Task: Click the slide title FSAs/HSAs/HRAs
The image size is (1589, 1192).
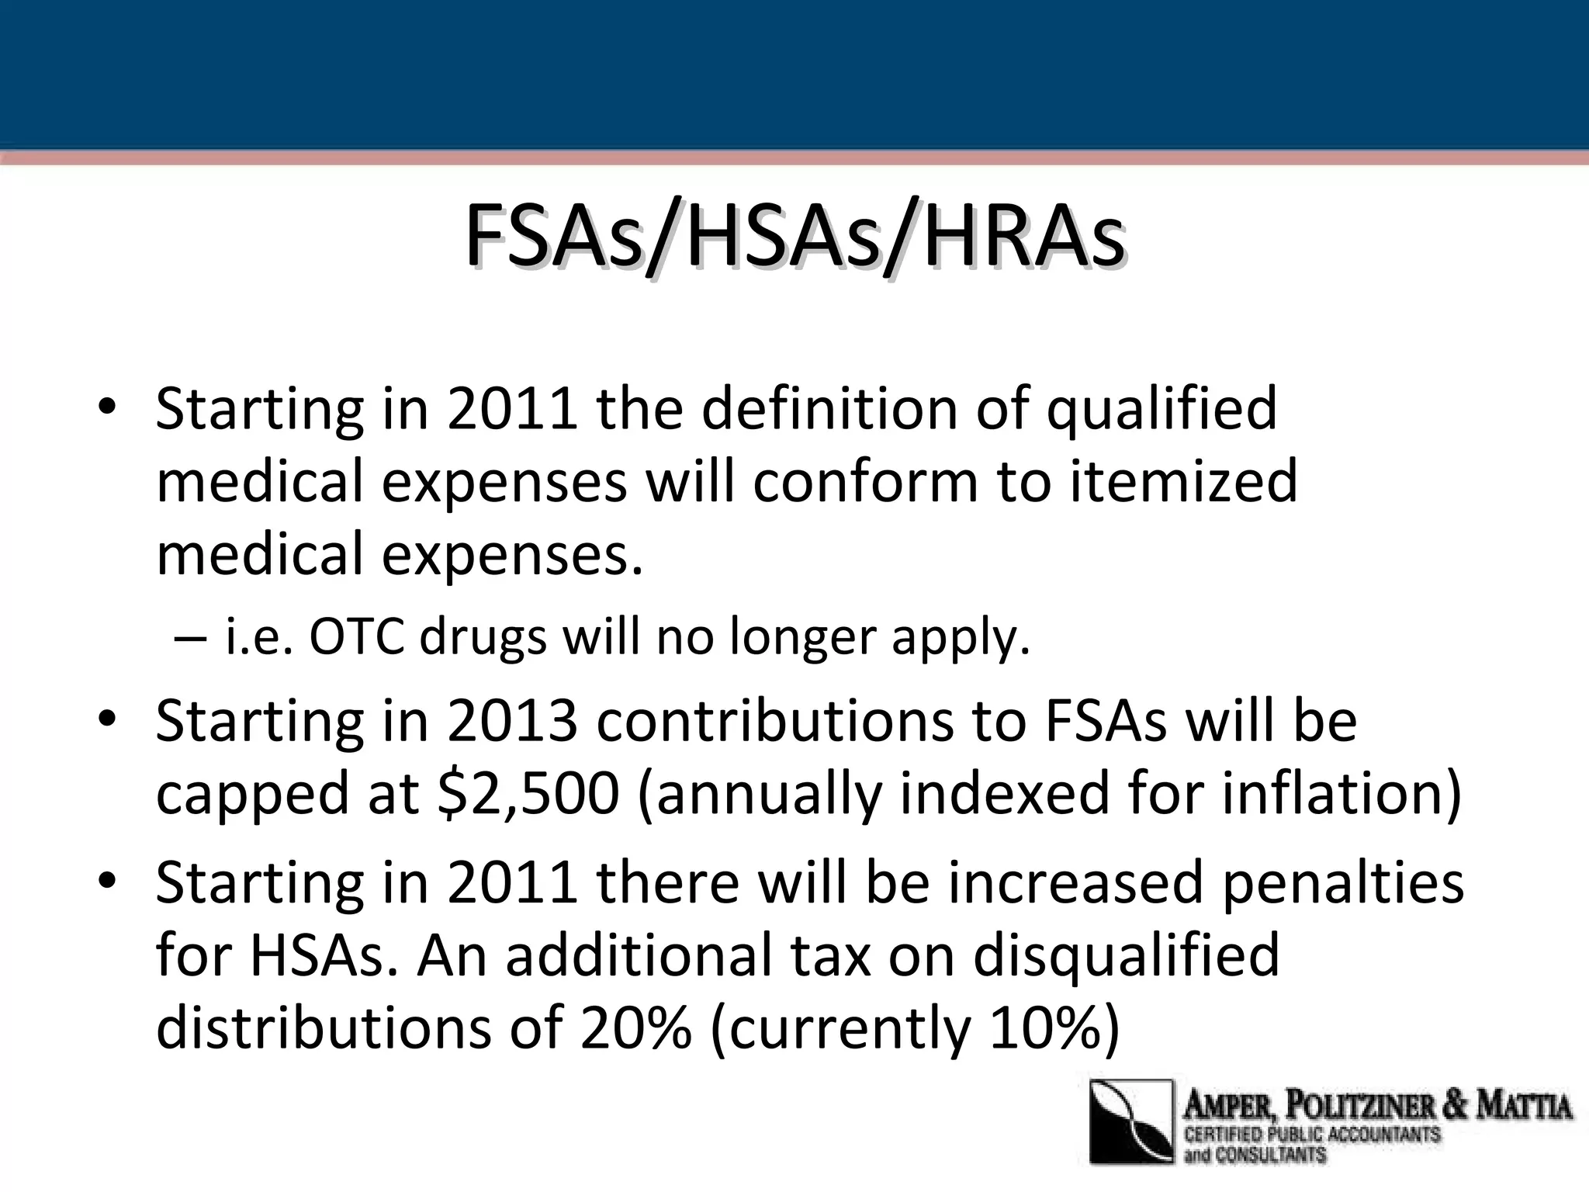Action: [794, 236]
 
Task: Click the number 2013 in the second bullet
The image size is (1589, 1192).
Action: [512, 722]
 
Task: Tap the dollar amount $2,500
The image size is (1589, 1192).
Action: [528, 794]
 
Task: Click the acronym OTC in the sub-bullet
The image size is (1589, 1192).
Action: [357, 638]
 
